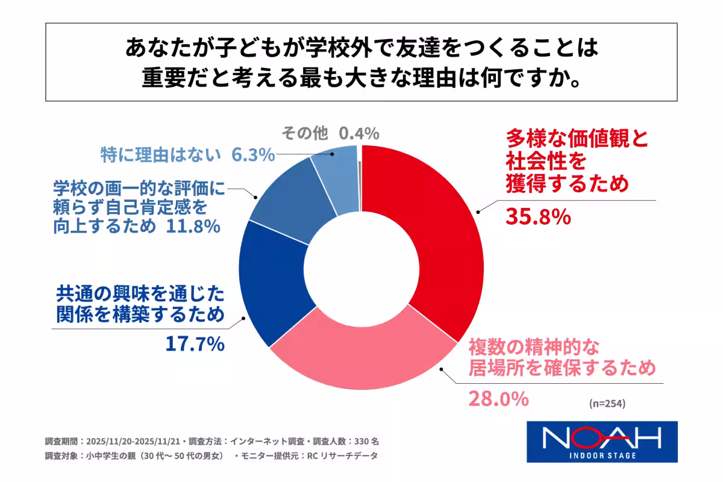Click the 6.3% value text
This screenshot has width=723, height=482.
tap(253, 155)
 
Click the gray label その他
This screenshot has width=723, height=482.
tap(305, 133)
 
